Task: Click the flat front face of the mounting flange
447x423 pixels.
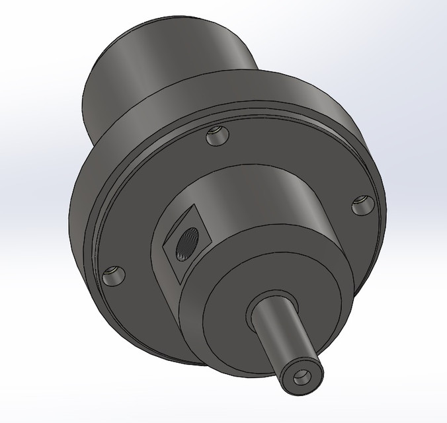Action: [152, 198]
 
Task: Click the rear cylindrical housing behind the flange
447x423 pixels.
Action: [165, 59]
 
